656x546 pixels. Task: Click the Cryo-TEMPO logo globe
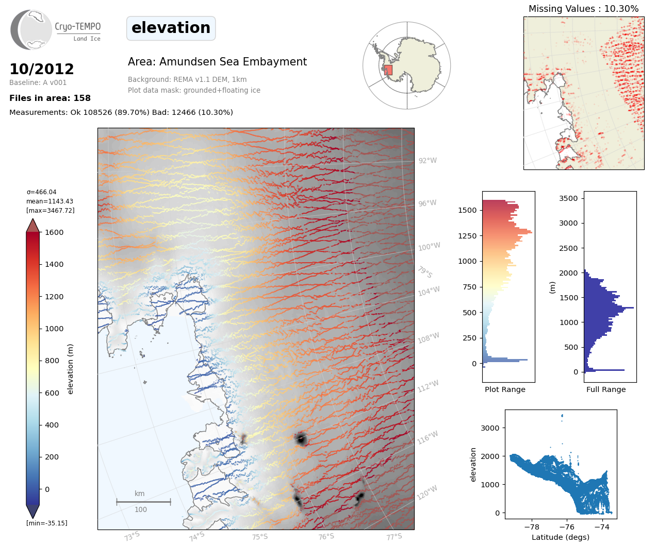pos(31,30)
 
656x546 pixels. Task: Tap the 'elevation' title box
pos(171,28)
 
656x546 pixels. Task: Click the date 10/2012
pos(42,69)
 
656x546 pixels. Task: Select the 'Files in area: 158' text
pos(50,98)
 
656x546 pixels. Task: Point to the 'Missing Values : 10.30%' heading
pos(583,9)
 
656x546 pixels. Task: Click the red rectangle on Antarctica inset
pos(388,70)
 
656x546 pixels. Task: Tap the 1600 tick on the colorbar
pos(54,232)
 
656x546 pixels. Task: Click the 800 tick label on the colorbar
pos(52,361)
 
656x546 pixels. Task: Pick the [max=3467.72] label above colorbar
pos(51,211)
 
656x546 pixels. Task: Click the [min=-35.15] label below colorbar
pos(47,523)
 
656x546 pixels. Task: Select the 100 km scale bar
pos(143,502)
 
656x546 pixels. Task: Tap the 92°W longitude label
pos(427,161)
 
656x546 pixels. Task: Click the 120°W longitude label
pos(427,493)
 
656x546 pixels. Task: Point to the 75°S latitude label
pos(260,537)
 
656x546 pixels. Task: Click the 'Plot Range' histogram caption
pos(505,389)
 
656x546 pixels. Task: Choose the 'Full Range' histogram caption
pos(606,389)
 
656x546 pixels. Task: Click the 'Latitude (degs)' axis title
pos(561,537)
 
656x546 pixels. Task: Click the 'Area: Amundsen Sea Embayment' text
pos(217,62)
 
